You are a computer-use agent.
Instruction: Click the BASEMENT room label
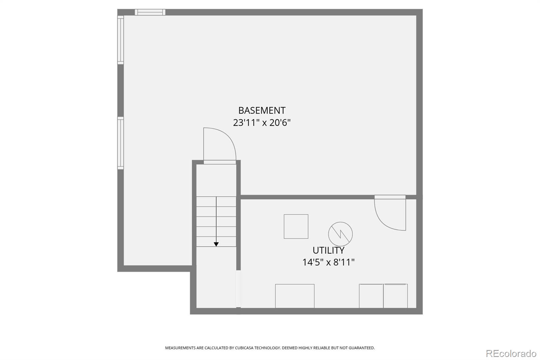[x=262, y=110]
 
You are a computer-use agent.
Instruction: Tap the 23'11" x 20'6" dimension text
[x=262, y=122]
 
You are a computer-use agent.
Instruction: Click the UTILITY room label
[x=328, y=250]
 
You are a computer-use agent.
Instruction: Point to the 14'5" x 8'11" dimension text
[x=328, y=262]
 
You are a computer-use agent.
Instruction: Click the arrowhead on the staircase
[x=216, y=244]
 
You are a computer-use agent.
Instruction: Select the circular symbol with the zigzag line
[x=340, y=234]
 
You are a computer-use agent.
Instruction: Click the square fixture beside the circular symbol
[x=296, y=227]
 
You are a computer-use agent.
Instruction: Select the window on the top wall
[x=150, y=12]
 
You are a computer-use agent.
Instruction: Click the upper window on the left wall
[x=120, y=40]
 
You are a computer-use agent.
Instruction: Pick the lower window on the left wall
[x=120, y=143]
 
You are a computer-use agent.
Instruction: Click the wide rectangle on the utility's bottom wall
[x=295, y=296]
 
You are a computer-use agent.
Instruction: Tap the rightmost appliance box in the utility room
[x=395, y=296]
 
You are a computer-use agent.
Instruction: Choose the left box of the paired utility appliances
[x=371, y=296]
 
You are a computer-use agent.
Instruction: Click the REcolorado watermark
[x=511, y=354]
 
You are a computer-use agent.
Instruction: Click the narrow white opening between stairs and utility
[x=238, y=289]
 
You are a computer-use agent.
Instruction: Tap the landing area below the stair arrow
[x=216, y=277]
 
